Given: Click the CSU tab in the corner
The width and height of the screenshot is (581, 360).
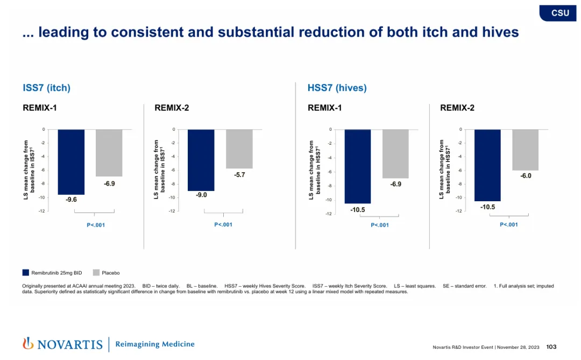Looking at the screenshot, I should (x=560, y=13).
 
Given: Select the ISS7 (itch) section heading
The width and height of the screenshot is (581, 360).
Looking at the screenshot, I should (x=46, y=88).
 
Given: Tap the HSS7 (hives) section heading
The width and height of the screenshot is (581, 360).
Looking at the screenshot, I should (x=337, y=88).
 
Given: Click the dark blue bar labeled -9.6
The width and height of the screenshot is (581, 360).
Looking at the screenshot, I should (x=71, y=162).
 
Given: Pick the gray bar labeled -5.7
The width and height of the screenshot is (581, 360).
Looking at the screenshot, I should (x=239, y=149).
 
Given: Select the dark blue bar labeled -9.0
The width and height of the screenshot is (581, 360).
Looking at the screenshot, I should (x=201, y=160).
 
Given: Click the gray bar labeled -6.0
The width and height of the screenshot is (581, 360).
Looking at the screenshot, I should (x=525, y=150).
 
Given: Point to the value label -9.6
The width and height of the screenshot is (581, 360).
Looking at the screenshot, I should (x=71, y=200).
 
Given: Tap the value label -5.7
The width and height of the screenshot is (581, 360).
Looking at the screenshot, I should (x=239, y=175).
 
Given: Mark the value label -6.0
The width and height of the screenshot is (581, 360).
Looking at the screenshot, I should (x=525, y=176).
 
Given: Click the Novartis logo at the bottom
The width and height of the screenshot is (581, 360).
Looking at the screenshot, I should (x=62, y=344).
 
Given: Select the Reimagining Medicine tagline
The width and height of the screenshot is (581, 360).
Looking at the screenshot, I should (x=155, y=344).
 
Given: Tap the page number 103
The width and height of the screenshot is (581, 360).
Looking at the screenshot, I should (x=551, y=347).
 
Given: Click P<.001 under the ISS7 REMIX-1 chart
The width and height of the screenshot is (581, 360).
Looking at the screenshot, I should (x=96, y=225).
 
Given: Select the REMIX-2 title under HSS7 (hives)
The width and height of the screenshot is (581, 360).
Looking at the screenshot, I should (x=457, y=108).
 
